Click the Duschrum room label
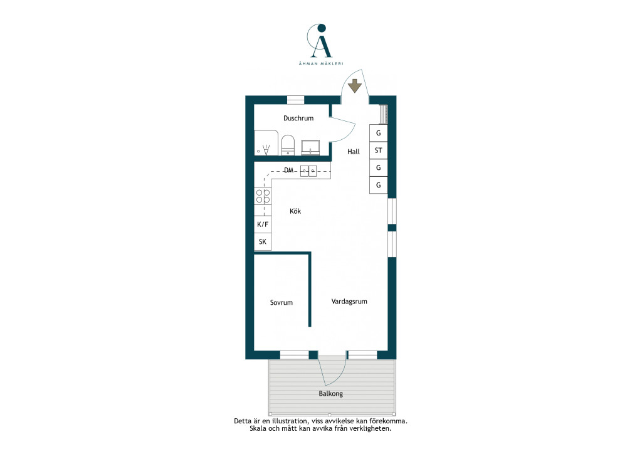(298, 119)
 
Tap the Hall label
(354, 152)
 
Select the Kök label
(295, 211)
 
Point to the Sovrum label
(282, 302)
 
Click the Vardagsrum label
(349, 302)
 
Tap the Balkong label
(331, 394)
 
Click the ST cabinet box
(378, 150)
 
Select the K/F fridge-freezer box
(263, 224)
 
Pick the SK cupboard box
(263, 241)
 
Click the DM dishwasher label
(288, 170)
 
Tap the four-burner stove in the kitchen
(263, 196)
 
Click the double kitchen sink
(308, 171)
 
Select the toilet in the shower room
(288, 145)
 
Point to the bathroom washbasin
(310, 147)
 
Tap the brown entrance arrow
(355, 86)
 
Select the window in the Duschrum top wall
(296, 100)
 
